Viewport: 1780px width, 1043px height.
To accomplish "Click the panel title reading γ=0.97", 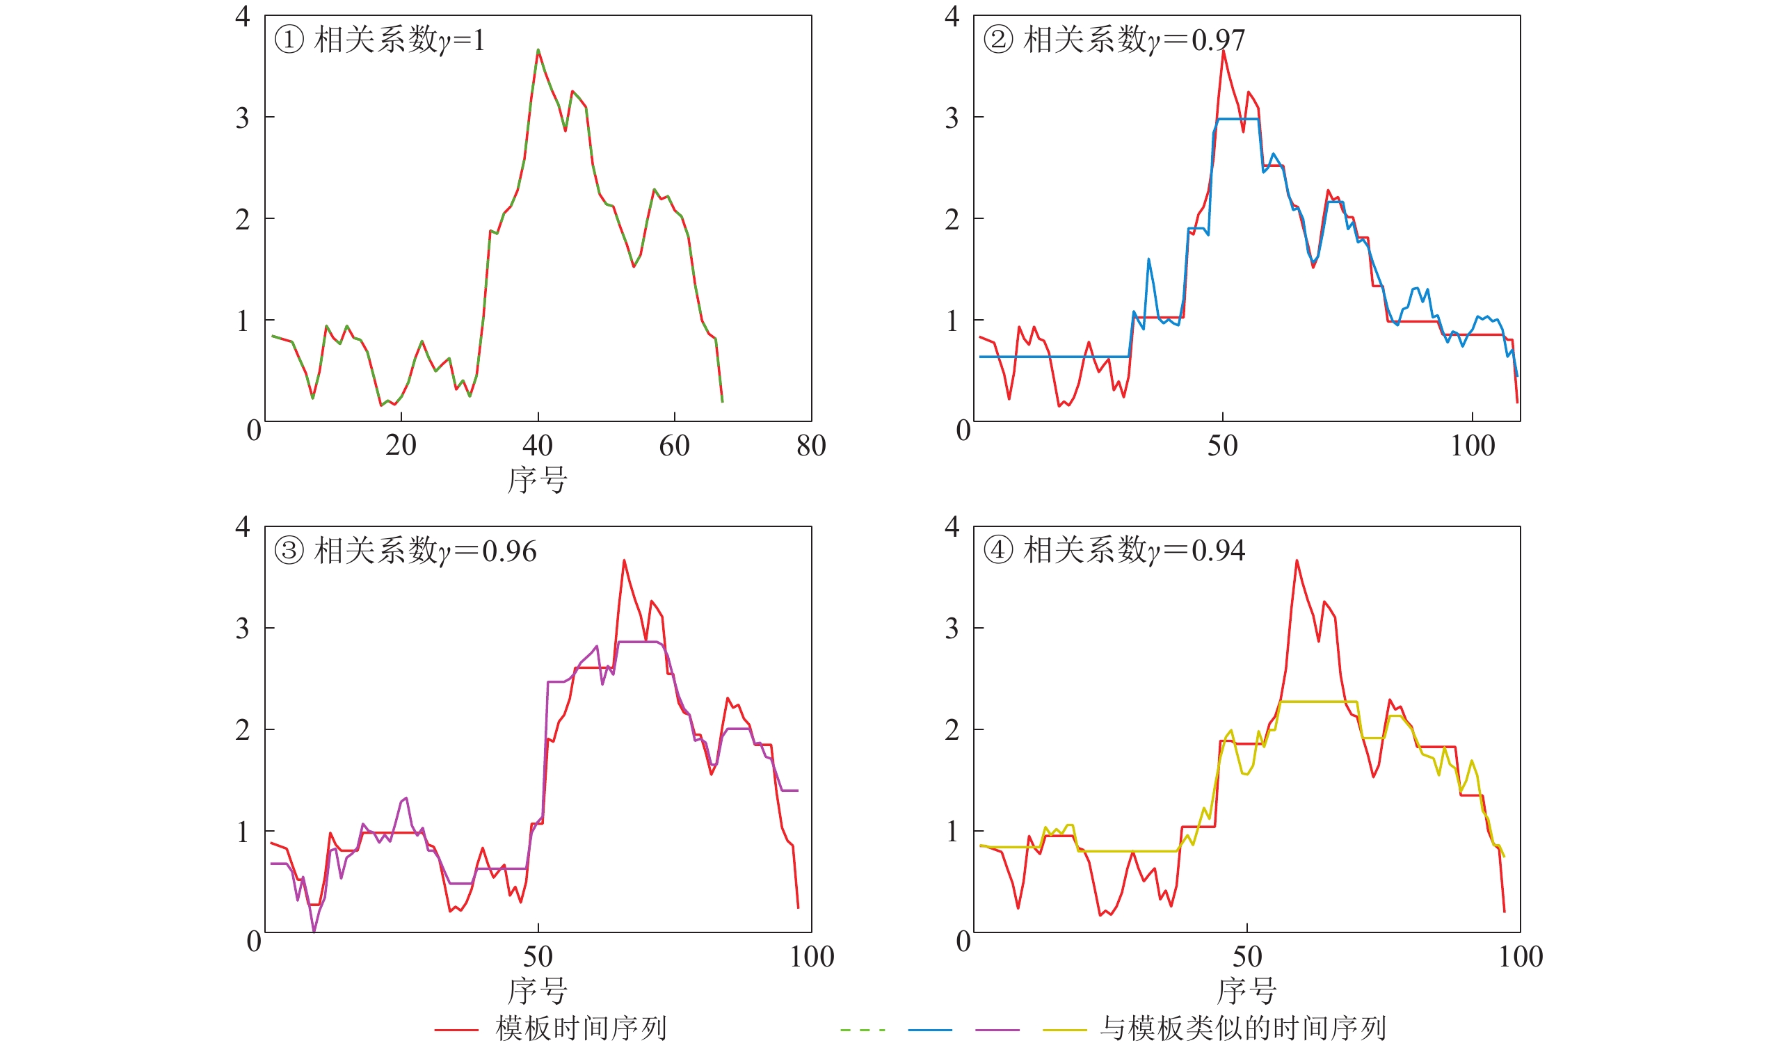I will [1114, 40].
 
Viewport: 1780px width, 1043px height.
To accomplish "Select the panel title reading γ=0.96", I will [406, 551].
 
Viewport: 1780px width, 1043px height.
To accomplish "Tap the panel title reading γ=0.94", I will [1114, 550].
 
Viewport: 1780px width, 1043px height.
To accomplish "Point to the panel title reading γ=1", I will [379, 40].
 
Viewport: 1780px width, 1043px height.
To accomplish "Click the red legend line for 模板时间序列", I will [456, 1030].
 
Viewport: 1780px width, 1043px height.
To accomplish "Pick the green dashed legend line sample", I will [863, 1030].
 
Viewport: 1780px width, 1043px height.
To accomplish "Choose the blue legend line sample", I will [929, 1030].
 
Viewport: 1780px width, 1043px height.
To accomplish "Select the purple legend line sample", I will [997, 1030].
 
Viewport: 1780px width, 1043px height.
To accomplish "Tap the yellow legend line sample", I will [1064, 1030].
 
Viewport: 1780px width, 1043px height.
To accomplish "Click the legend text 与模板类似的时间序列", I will [1243, 1028].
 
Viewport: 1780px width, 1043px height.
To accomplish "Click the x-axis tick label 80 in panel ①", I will [811, 446].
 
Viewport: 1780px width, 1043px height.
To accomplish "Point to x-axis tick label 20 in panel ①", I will [401, 446].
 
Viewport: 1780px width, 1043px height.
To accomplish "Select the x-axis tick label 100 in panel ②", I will [1473, 446].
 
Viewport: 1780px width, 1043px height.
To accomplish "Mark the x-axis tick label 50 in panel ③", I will [538, 957].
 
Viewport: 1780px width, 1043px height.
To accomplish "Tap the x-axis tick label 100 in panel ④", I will [1520, 957].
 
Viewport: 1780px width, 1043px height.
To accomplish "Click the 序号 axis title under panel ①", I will [538, 480].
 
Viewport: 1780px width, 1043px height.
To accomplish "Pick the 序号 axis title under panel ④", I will [1246, 991].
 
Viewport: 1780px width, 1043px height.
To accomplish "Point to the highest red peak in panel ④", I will [1297, 560].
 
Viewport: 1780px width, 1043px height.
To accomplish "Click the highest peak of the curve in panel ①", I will [538, 49].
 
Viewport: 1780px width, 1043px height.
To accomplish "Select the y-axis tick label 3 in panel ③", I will [242, 628].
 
